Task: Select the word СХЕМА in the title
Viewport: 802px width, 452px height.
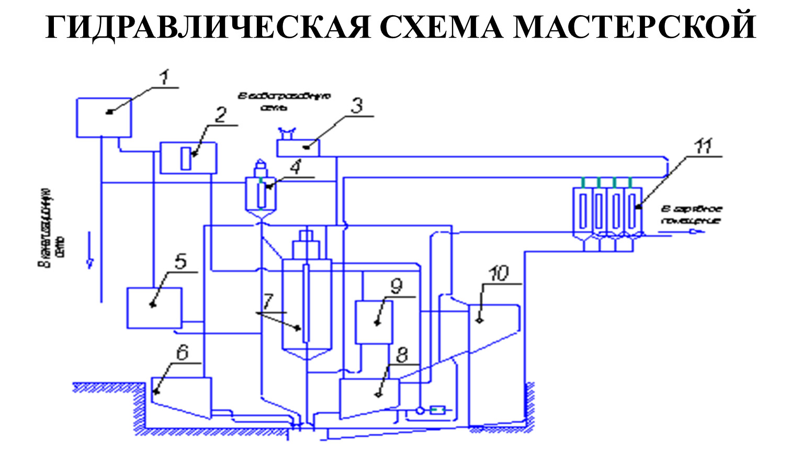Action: [x=441, y=27]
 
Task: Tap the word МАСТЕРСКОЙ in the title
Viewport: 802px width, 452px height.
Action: [x=634, y=27]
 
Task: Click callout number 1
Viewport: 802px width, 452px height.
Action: [x=164, y=78]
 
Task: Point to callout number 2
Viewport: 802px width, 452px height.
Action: [x=221, y=115]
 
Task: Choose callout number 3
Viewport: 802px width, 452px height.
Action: [x=356, y=106]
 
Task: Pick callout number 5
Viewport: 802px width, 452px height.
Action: [x=180, y=261]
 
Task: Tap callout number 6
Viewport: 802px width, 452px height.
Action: [x=182, y=353]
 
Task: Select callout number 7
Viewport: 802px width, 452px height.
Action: [x=268, y=301]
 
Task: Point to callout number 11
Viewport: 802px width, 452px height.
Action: [x=703, y=146]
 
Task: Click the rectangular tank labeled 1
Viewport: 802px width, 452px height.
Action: [x=104, y=117]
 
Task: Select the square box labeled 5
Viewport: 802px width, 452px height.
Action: [x=154, y=308]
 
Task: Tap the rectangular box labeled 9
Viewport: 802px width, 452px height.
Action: [x=374, y=322]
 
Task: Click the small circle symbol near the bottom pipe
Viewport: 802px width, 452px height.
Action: [x=420, y=411]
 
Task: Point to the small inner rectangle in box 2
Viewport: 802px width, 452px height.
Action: [x=186, y=158]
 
